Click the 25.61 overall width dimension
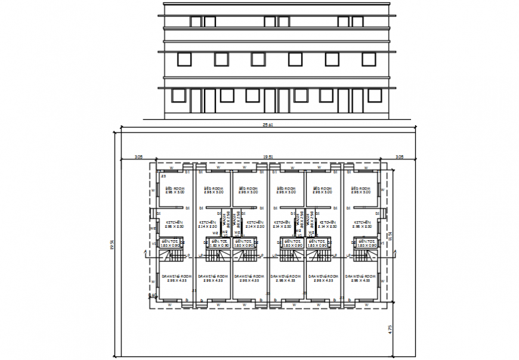coord(267,125)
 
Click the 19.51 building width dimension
coord(269,157)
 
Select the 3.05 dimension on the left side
coord(138,157)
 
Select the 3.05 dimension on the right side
coord(400,157)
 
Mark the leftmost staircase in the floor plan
coord(175,256)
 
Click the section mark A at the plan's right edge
coord(394,253)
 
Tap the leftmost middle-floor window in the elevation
coord(184,59)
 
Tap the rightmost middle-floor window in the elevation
coord(369,59)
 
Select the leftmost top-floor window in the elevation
coord(196,21)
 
